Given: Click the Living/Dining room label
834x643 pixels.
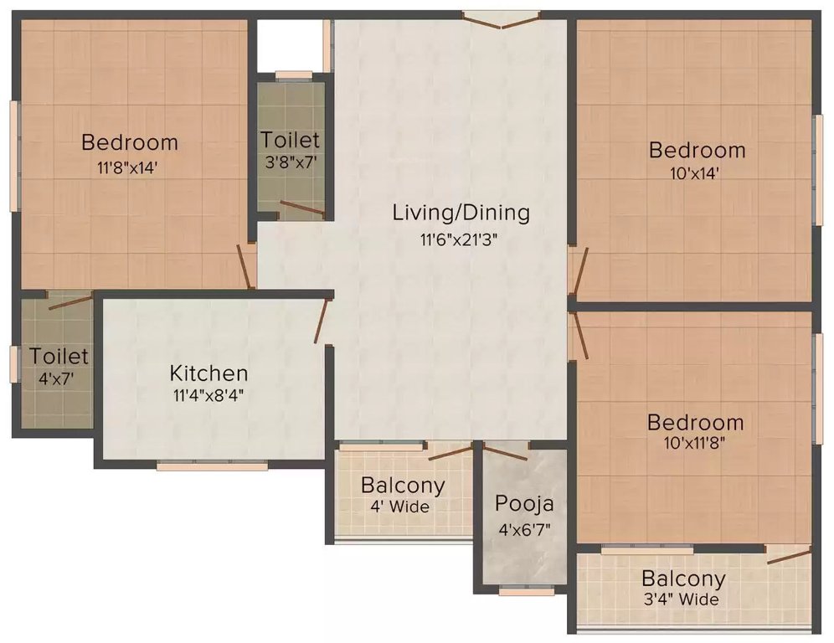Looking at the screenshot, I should point(461,213).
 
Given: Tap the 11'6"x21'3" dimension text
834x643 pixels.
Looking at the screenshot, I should point(461,239).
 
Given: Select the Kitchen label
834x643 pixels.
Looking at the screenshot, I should point(208,373).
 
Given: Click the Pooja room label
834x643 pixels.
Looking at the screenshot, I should point(524,504).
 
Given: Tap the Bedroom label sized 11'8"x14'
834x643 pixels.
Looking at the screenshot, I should point(130,142).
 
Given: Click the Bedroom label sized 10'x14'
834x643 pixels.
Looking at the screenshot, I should point(698,151).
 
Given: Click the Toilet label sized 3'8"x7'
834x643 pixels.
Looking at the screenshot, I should point(290,139).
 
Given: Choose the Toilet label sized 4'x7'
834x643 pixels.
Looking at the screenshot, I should point(59,357).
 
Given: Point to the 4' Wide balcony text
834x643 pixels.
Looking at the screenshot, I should point(403,507).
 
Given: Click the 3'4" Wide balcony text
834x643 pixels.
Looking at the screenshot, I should point(683,599).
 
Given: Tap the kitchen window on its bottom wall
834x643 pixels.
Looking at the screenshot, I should point(212,466).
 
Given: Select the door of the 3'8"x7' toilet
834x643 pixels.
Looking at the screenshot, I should point(302,208).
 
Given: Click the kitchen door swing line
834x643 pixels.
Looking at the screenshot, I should point(320,321).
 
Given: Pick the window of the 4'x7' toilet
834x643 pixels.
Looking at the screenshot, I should point(14,364).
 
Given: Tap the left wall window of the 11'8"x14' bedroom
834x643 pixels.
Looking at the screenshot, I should point(14,156).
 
